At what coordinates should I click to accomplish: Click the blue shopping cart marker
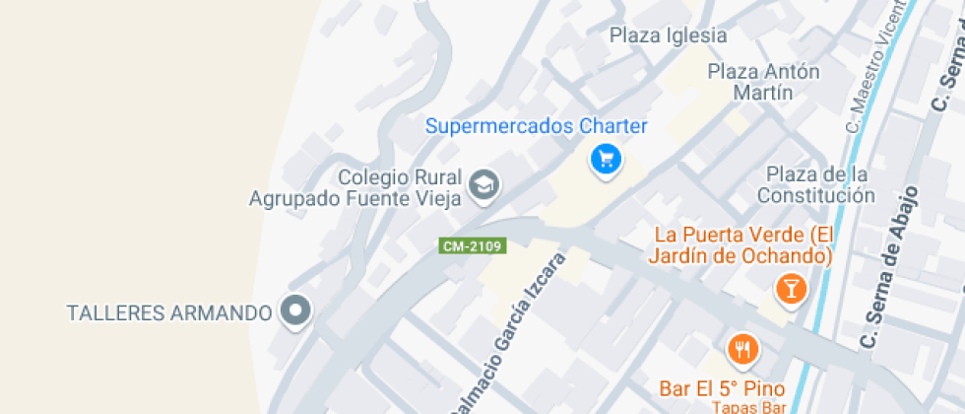(x=605, y=158)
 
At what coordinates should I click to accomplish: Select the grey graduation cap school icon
(x=483, y=184)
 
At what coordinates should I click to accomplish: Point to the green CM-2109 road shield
(x=473, y=246)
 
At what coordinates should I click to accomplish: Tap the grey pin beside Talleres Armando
(x=295, y=312)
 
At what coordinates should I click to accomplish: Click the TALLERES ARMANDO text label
(x=168, y=313)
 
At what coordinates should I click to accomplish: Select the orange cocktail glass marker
(x=791, y=288)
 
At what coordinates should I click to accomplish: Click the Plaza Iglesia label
(x=668, y=35)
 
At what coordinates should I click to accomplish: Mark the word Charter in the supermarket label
(x=611, y=126)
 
